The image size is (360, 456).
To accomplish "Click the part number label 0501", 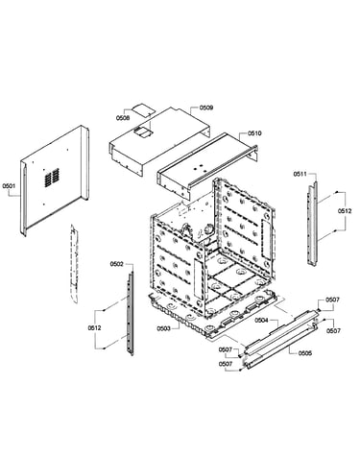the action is tap(9, 185).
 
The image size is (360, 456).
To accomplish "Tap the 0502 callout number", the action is tap(116, 264).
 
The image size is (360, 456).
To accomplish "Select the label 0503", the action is tap(163, 328).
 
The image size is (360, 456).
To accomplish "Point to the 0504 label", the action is tap(261, 321).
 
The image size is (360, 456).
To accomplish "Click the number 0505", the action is tap(304, 353).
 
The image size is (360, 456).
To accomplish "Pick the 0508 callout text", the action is tap(123, 118).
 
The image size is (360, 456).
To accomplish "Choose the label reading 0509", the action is tap(206, 108).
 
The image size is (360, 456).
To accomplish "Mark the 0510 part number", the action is tap(254, 133).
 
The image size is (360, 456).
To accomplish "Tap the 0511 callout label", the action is tap(300, 174).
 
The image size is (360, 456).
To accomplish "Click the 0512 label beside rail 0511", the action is tap(345, 211).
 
